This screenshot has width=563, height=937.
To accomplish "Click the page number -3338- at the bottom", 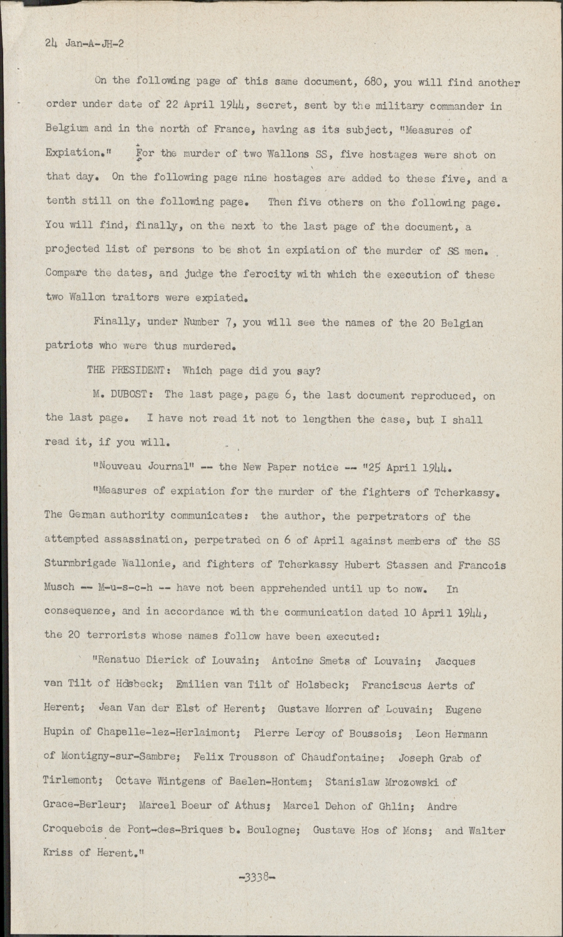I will [257, 876].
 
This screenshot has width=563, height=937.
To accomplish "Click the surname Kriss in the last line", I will [59, 853].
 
